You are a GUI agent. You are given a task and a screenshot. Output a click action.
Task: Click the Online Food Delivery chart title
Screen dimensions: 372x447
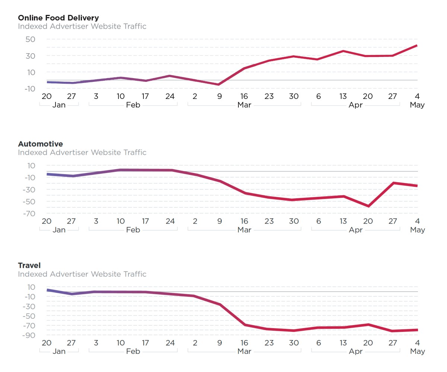(x=58, y=17)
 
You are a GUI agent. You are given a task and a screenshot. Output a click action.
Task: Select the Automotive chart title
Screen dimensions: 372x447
(x=40, y=144)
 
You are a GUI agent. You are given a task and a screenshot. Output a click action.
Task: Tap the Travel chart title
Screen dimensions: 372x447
(x=29, y=265)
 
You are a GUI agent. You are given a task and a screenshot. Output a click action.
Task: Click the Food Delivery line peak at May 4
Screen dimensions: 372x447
(x=416, y=45)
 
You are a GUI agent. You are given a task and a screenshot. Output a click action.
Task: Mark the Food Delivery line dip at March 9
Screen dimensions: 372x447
(x=219, y=84)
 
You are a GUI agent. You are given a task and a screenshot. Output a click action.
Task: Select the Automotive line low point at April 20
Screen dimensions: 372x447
(x=368, y=206)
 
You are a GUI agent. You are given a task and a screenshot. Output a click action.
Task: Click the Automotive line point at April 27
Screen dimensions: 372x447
(x=393, y=183)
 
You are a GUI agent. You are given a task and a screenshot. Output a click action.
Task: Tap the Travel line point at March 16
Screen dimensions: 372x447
(x=244, y=325)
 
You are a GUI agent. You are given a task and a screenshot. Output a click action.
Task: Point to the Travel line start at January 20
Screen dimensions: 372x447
(x=47, y=290)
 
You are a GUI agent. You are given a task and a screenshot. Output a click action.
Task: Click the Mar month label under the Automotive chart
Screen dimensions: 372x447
(x=244, y=230)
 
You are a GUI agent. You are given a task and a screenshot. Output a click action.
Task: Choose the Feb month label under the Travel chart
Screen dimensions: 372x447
(x=133, y=352)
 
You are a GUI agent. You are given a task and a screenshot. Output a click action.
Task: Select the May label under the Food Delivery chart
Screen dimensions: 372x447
(x=417, y=105)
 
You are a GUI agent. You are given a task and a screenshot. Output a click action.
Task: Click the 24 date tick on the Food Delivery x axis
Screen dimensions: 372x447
(x=170, y=96)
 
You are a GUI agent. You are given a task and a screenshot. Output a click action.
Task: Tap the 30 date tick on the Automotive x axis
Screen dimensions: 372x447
(x=294, y=221)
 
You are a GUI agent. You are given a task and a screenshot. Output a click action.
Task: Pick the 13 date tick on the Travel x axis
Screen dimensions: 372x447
(x=343, y=343)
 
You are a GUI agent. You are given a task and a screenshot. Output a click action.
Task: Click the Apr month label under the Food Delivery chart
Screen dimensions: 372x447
(x=355, y=105)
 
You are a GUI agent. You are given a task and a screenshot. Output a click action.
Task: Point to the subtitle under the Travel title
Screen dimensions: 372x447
(x=82, y=274)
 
